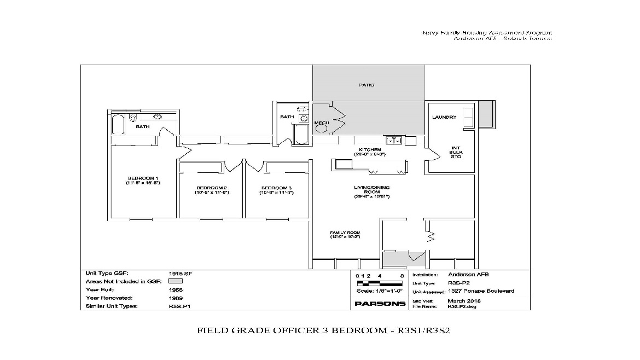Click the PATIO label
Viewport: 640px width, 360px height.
366,85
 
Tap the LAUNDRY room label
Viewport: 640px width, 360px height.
444,117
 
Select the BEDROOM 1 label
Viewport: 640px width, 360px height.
143,178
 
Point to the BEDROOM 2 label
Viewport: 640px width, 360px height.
212,190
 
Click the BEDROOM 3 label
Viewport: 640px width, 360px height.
276,190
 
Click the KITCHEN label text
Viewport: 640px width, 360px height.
369,150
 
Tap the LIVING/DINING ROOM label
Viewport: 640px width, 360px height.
371,190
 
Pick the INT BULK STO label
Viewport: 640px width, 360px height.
456,152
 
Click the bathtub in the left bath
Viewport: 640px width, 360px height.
118,125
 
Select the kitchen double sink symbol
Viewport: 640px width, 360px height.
394,141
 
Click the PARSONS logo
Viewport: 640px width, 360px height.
380,304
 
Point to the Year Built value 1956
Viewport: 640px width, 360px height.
176,289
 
